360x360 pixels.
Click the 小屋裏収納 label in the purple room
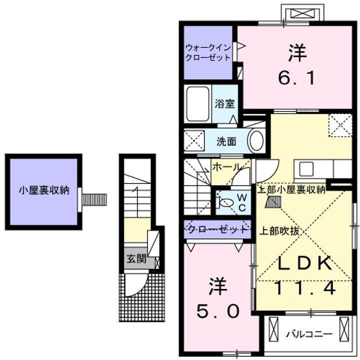pyautogui.click(x=44, y=190)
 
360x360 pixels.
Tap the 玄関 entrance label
pyautogui.click(x=136, y=259)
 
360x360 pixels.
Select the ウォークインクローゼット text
pyautogui.click(x=208, y=52)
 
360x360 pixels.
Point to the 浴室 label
pyautogui.click(x=224, y=103)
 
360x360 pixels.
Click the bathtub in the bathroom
pyautogui.click(x=197, y=104)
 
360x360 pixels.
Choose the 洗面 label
pyautogui.click(x=226, y=141)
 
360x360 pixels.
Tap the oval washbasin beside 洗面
pyautogui.click(x=256, y=141)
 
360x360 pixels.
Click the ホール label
pyautogui.click(x=226, y=167)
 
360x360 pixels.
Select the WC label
pyautogui.click(x=242, y=202)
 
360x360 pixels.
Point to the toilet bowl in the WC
pyautogui.click(x=226, y=202)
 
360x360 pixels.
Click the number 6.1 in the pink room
pyautogui.click(x=296, y=78)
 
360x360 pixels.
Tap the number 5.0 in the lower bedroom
pyautogui.click(x=217, y=311)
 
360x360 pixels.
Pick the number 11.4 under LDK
pyautogui.click(x=305, y=288)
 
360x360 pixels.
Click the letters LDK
pyautogui.click(x=305, y=262)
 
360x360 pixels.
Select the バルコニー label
pyautogui.click(x=309, y=334)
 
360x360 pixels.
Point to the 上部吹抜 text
pyautogui.click(x=279, y=231)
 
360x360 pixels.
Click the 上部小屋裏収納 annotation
pyautogui.click(x=291, y=189)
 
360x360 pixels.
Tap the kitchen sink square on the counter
pyautogui.click(x=306, y=169)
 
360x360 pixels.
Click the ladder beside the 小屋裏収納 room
pyautogui.click(x=94, y=199)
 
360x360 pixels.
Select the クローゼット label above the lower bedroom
pyautogui.click(x=217, y=229)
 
